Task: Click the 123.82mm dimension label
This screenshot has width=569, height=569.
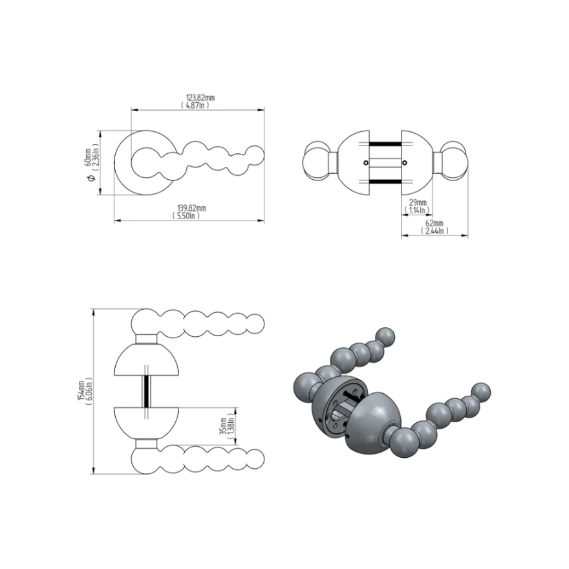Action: coord(200,98)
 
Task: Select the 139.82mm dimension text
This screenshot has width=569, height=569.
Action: coord(191,208)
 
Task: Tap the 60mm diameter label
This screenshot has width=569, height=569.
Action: coord(88,157)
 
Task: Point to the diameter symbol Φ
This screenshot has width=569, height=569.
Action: coord(91,178)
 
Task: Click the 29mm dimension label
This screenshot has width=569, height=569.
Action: coord(418,202)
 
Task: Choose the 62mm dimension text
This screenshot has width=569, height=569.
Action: coord(435,223)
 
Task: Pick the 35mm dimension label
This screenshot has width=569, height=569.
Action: coord(223,426)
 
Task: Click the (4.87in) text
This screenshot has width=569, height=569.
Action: coord(195,105)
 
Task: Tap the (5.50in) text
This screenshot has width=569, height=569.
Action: coord(186,215)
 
